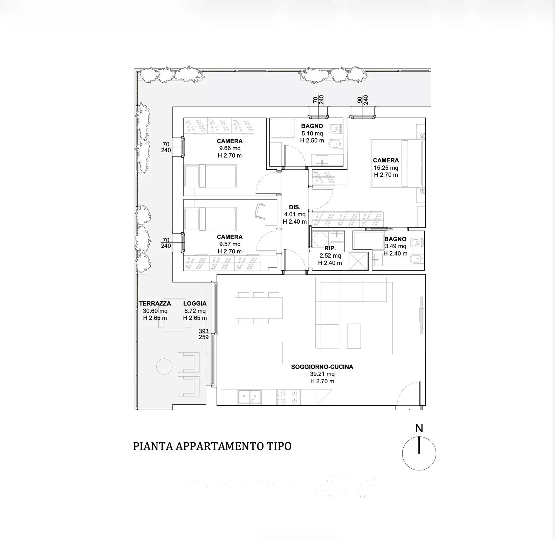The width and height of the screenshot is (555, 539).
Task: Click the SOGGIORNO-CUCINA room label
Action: click(322, 367)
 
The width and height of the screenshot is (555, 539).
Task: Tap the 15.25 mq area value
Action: click(386, 168)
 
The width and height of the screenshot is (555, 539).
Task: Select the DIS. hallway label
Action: click(295, 207)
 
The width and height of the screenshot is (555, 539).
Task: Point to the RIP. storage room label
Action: click(330, 248)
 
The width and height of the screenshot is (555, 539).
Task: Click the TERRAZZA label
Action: click(155, 303)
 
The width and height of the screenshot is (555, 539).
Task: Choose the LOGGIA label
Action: click(195, 303)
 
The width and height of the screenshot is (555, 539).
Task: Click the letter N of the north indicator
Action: click(419, 428)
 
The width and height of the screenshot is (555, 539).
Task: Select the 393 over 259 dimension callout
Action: click(204, 334)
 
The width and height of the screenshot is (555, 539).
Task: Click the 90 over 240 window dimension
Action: click(363, 100)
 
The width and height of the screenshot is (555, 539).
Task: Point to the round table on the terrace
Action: click(164, 366)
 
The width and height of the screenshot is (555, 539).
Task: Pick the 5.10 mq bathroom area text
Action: click(312, 133)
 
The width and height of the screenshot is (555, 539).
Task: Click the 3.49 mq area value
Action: click(396, 246)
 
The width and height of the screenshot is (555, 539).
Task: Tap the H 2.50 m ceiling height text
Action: click(312, 141)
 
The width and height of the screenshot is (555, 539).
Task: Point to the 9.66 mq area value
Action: click(230, 148)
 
